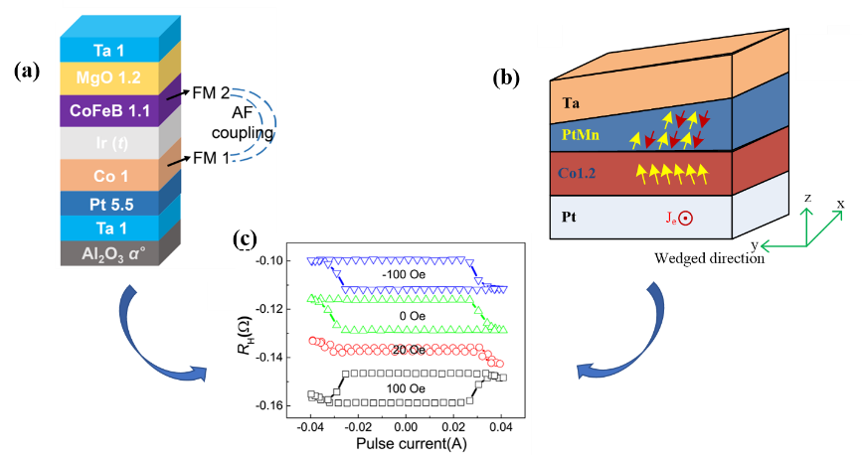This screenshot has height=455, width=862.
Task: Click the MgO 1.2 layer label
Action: tap(102, 76)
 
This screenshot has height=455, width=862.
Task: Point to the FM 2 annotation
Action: tap(211, 92)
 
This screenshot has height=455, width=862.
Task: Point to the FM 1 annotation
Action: tap(211, 156)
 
